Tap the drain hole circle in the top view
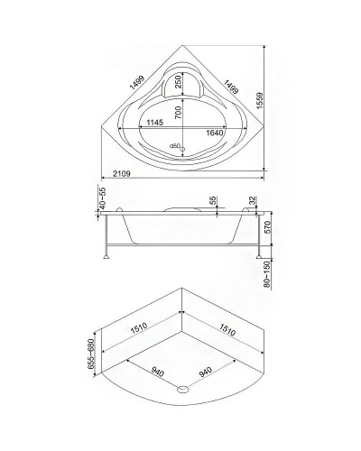pyautogui.click(x=183, y=148)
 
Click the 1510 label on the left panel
pyautogui.click(x=138, y=329)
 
